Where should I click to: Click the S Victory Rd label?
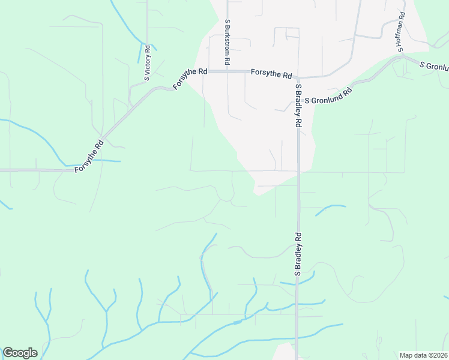(x=147, y=61)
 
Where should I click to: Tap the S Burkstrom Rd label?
(x=228, y=41)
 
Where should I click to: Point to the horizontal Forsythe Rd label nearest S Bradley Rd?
(x=271, y=74)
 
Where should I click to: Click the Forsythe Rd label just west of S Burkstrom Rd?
(x=190, y=79)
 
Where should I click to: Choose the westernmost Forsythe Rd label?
(x=89, y=157)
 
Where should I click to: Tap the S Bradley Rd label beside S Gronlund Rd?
(x=298, y=105)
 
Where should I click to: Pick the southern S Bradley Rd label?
(x=297, y=254)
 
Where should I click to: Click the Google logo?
(x=20, y=353)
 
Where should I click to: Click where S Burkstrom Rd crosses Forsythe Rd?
(x=228, y=71)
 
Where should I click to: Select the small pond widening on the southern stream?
(x=237, y=322)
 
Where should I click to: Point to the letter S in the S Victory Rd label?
(x=147, y=78)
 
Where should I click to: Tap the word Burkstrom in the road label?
(x=228, y=39)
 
